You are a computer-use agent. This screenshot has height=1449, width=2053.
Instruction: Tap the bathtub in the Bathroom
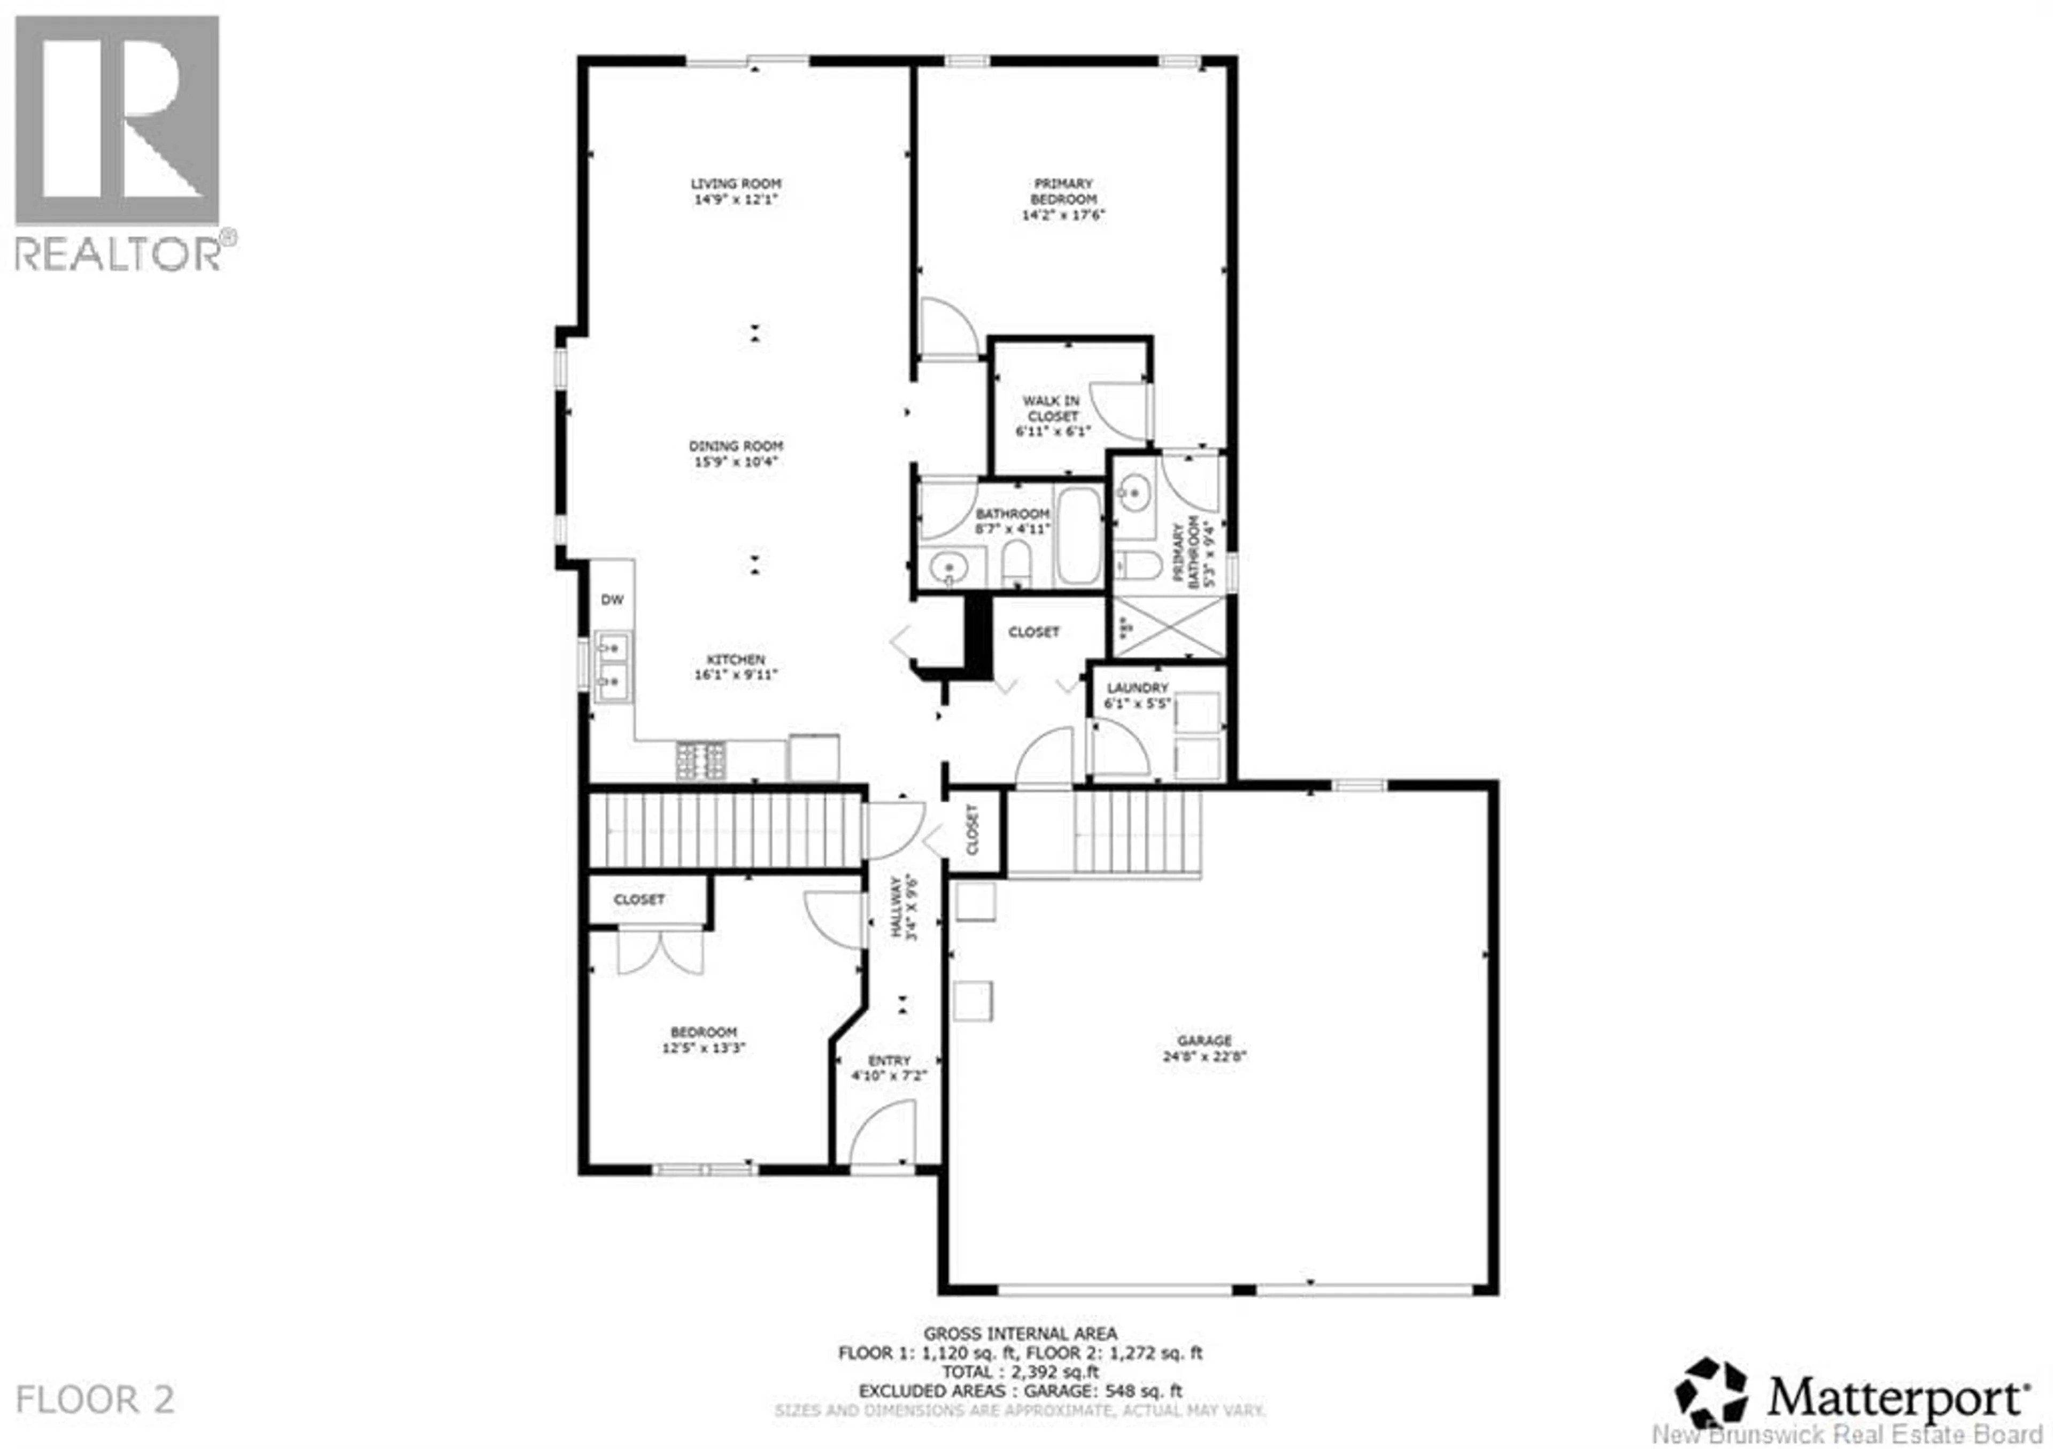click(x=1080, y=536)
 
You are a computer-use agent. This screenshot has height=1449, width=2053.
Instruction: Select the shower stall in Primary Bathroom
click(x=1168, y=626)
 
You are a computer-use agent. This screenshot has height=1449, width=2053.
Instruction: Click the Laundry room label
click(x=1137, y=687)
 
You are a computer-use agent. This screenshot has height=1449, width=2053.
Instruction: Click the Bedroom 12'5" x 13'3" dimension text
click(x=703, y=1048)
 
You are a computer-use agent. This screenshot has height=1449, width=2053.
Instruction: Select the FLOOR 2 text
click(x=95, y=1400)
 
